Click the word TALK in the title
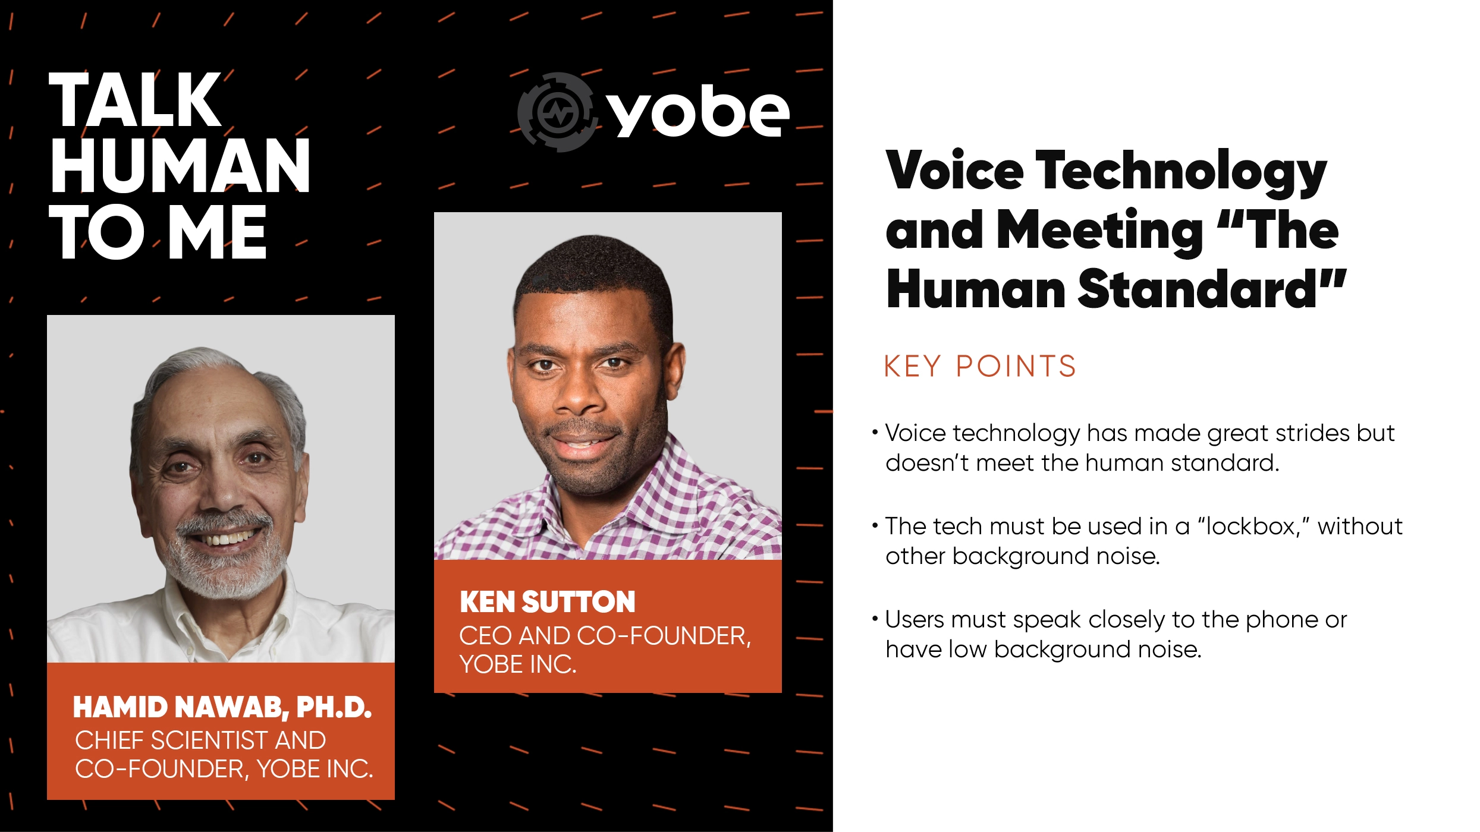(x=136, y=100)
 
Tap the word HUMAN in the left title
(x=180, y=166)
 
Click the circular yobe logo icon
(x=555, y=112)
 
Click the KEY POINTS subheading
(x=980, y=366)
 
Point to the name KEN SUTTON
(x=548, y=602)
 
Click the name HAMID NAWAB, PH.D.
(x=222, y=707)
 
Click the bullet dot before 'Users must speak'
(x=875, y=619)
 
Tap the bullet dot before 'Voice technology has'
(x=875, y=432)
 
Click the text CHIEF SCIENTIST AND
(x=200, y=740)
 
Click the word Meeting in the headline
(x=1099, y=231)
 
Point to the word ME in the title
(x=218, y=233)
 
